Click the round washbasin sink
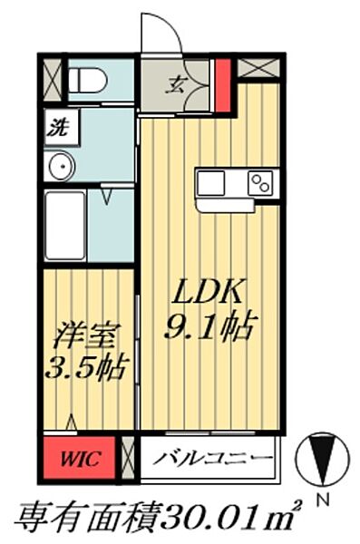[x=62, y=167]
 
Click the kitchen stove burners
[x=260, y=182]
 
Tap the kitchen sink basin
[x=211, y=182]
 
